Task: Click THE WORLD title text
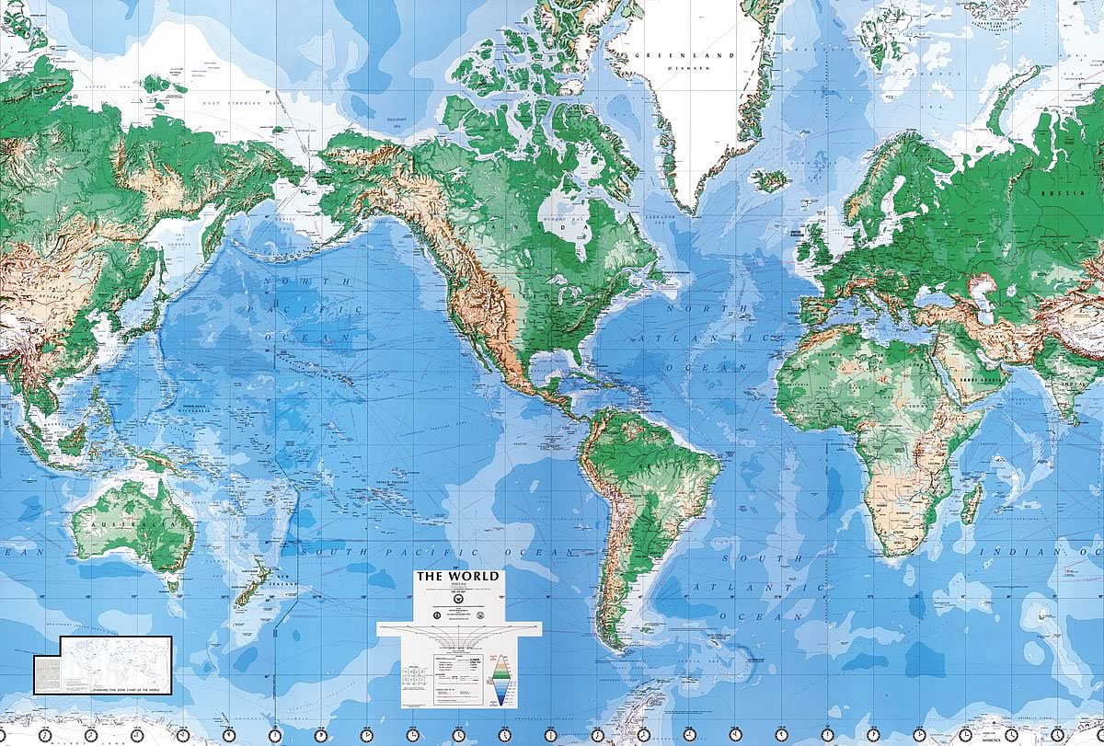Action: (459, 577)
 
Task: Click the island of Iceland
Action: (770, 179)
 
